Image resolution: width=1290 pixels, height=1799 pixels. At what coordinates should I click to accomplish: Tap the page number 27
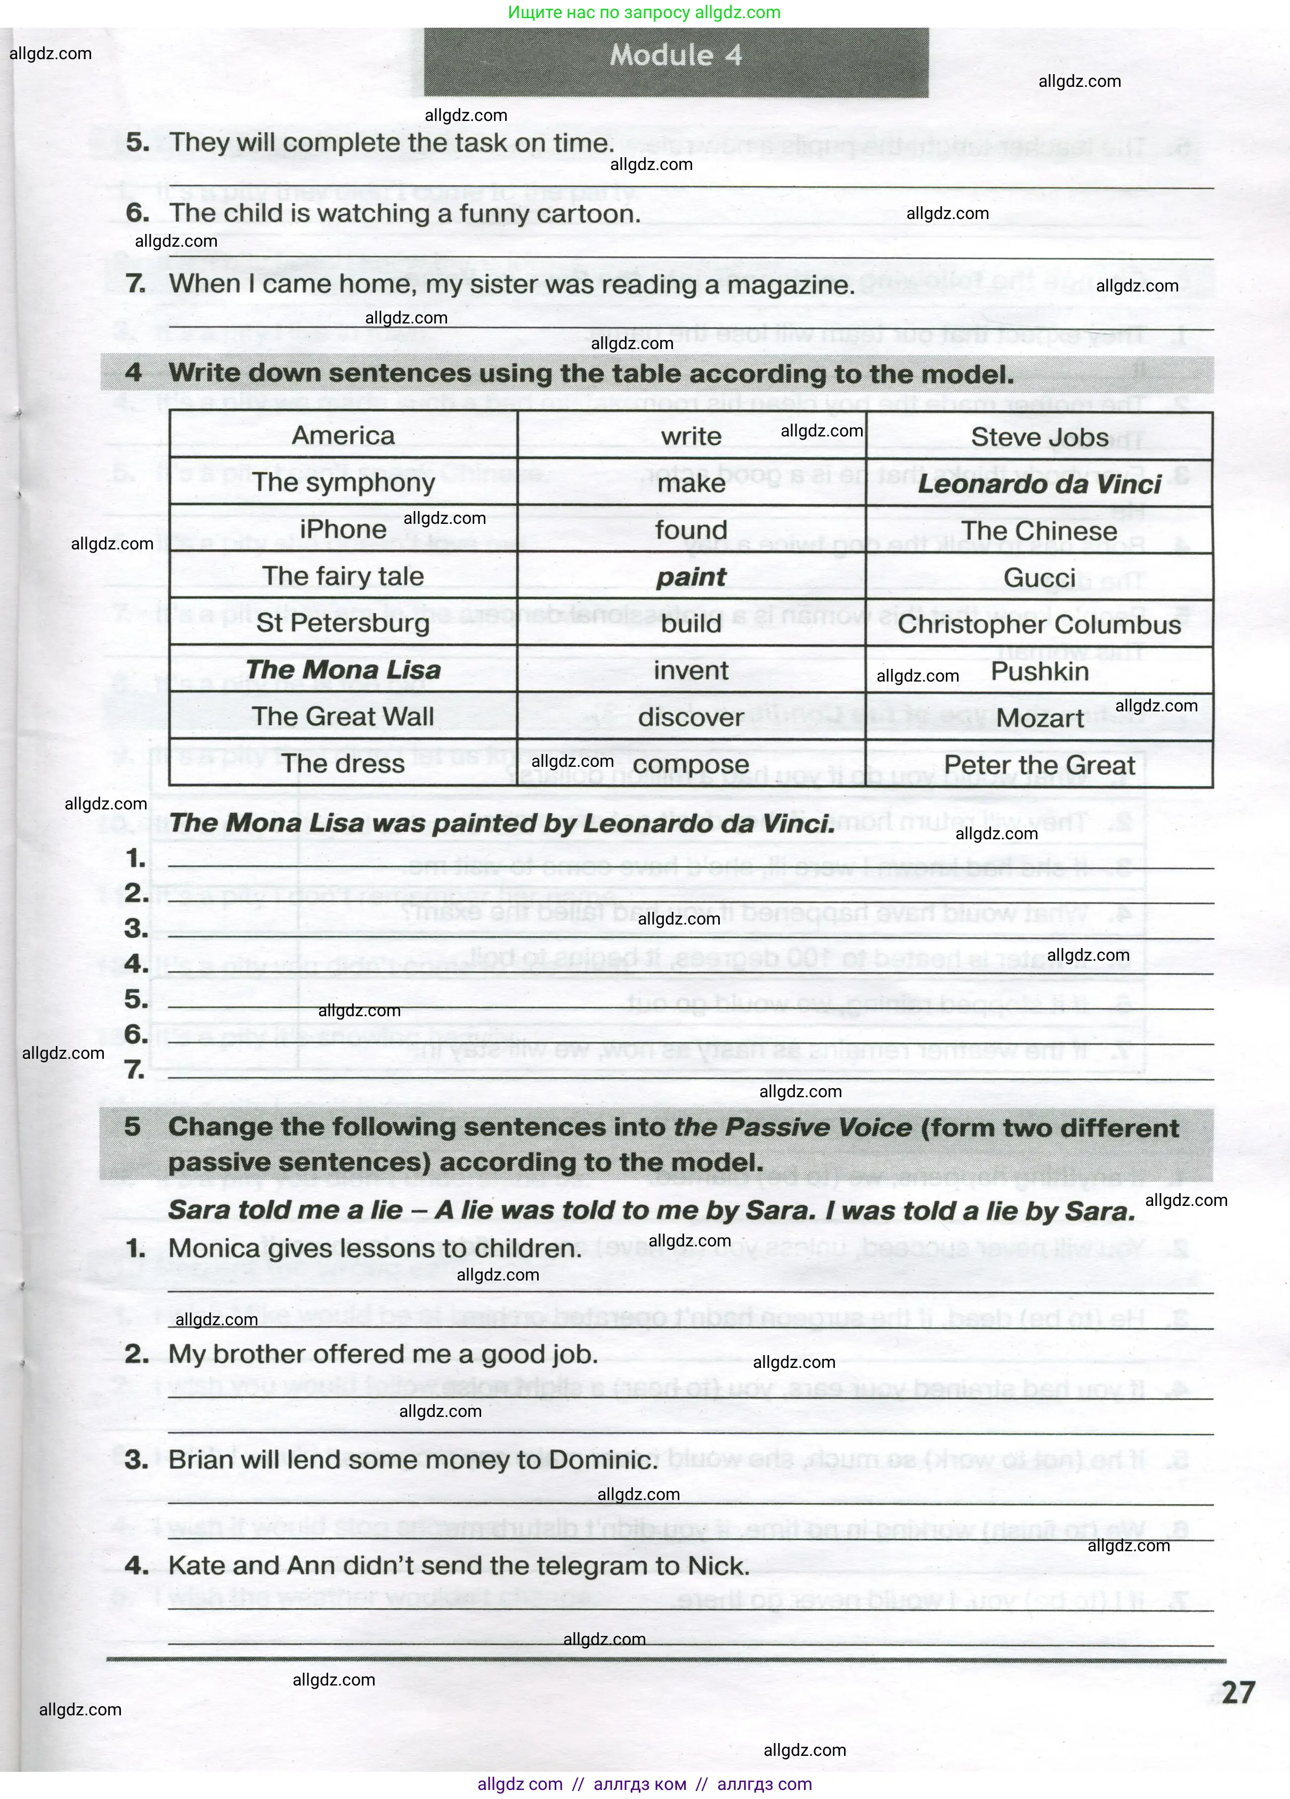point(1238,1693)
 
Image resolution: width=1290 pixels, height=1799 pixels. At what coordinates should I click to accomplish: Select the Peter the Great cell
point(1039,765)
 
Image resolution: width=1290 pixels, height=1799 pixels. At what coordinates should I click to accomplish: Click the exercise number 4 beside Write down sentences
point(133,373)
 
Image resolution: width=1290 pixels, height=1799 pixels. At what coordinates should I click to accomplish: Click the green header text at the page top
point(644,13)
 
